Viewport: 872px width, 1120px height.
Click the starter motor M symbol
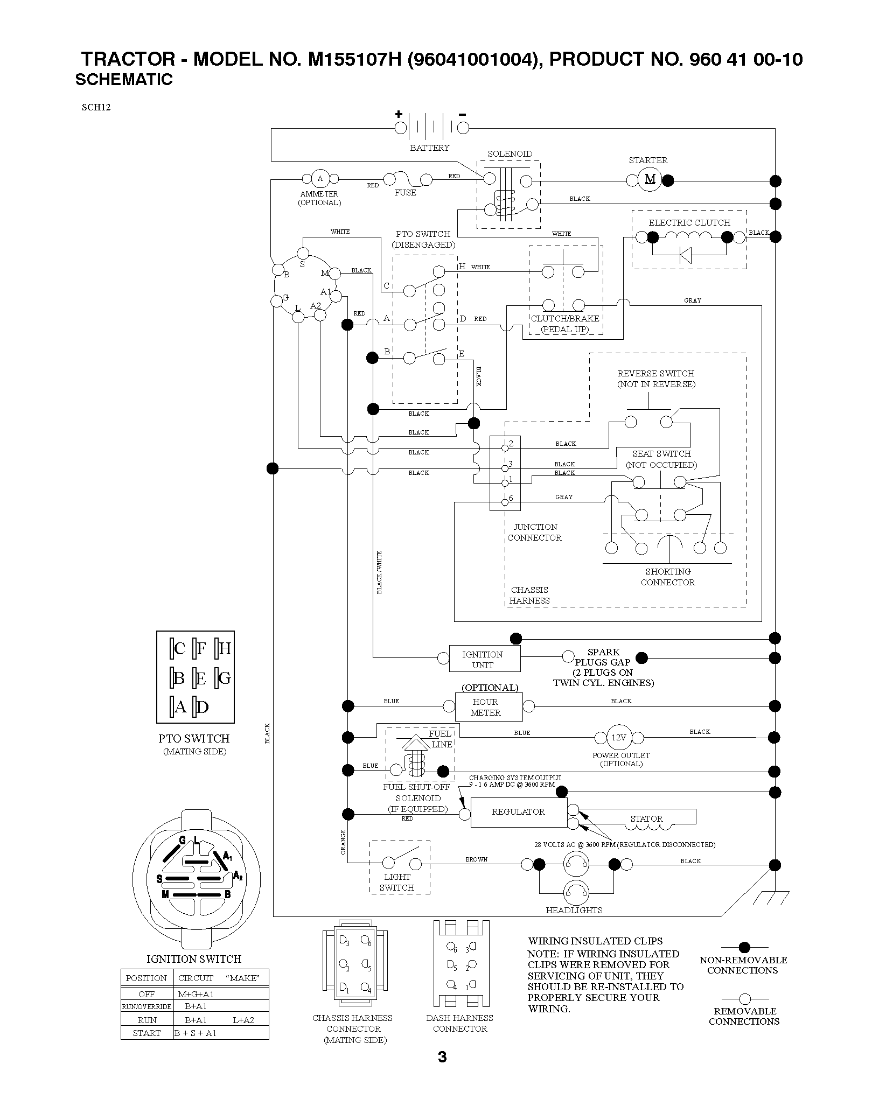tap(650, 180)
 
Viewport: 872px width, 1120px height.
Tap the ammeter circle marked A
tap(320, 179)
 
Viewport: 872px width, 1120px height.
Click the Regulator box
tap(519, 813)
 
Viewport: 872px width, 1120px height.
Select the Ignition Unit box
tap(485, 659)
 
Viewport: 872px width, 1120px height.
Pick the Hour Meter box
tap(489, 707)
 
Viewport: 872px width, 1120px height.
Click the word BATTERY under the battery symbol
tap(429, 148)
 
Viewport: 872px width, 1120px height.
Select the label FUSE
tap(405, 192)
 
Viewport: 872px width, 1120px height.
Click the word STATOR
tap(646, 819)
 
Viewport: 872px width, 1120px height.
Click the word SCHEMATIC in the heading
tap(124, 80)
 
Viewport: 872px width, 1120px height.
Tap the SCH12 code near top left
tap(96, 107)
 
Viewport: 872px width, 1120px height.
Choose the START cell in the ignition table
tap(147, 1033)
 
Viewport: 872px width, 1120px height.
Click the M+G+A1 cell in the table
tap(196, 994)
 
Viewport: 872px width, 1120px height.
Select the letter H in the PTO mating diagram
tap(225, 648)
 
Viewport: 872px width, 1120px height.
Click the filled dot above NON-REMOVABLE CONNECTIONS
tap(744, 947)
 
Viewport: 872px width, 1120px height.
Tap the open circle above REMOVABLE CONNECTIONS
tap(744, 999)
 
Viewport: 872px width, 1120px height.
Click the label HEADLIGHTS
tap(574, 911)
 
